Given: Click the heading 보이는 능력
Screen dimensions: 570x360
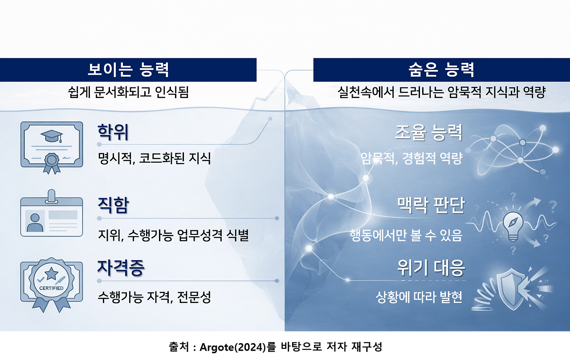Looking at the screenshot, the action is coord(128,70).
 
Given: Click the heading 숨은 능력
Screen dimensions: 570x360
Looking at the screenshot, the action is coord(441,70).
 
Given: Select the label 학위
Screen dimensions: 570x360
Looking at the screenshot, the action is coord(113,132).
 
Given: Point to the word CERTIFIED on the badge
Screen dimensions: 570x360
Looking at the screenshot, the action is coord(51,288).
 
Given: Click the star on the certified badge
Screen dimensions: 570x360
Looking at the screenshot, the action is coord(51,274).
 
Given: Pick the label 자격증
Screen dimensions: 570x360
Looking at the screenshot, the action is coord(121,268).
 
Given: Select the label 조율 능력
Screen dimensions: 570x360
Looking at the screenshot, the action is coord(428,132).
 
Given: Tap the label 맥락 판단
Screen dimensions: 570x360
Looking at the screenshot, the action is coord(431,205).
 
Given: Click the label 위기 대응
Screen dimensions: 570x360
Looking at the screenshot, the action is coord(431,268).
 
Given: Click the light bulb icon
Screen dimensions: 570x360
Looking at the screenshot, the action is coord(513,226).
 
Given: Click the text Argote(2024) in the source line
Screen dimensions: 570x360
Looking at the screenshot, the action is coord(232,347).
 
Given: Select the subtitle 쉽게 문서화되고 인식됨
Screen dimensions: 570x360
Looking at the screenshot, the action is coord(128,92).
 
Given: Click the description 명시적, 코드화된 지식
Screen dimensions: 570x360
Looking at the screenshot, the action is coord(154,158).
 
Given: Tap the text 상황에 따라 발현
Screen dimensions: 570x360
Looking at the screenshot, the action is coord(419,297).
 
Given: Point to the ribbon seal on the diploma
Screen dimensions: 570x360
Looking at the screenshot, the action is coord(52,163).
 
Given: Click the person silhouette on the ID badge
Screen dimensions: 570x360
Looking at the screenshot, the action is coord(35,223).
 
